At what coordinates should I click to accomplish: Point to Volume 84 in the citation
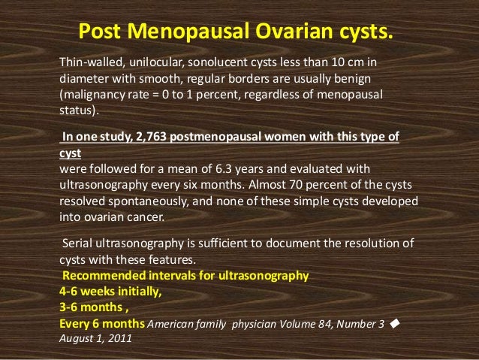click(x=315, y=325)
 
